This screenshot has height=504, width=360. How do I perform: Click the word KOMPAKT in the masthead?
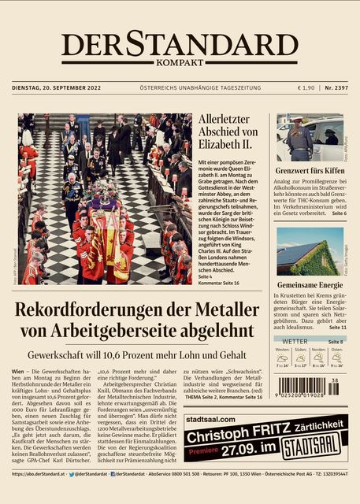click(x=180, y=62)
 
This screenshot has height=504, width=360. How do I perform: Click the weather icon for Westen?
click(x=281, y=357)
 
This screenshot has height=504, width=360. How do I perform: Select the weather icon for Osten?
click(x=337, y=357)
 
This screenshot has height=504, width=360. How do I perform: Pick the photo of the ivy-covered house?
click(x=310, y=250)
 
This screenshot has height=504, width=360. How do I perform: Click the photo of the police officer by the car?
click(x=310, y=138)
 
